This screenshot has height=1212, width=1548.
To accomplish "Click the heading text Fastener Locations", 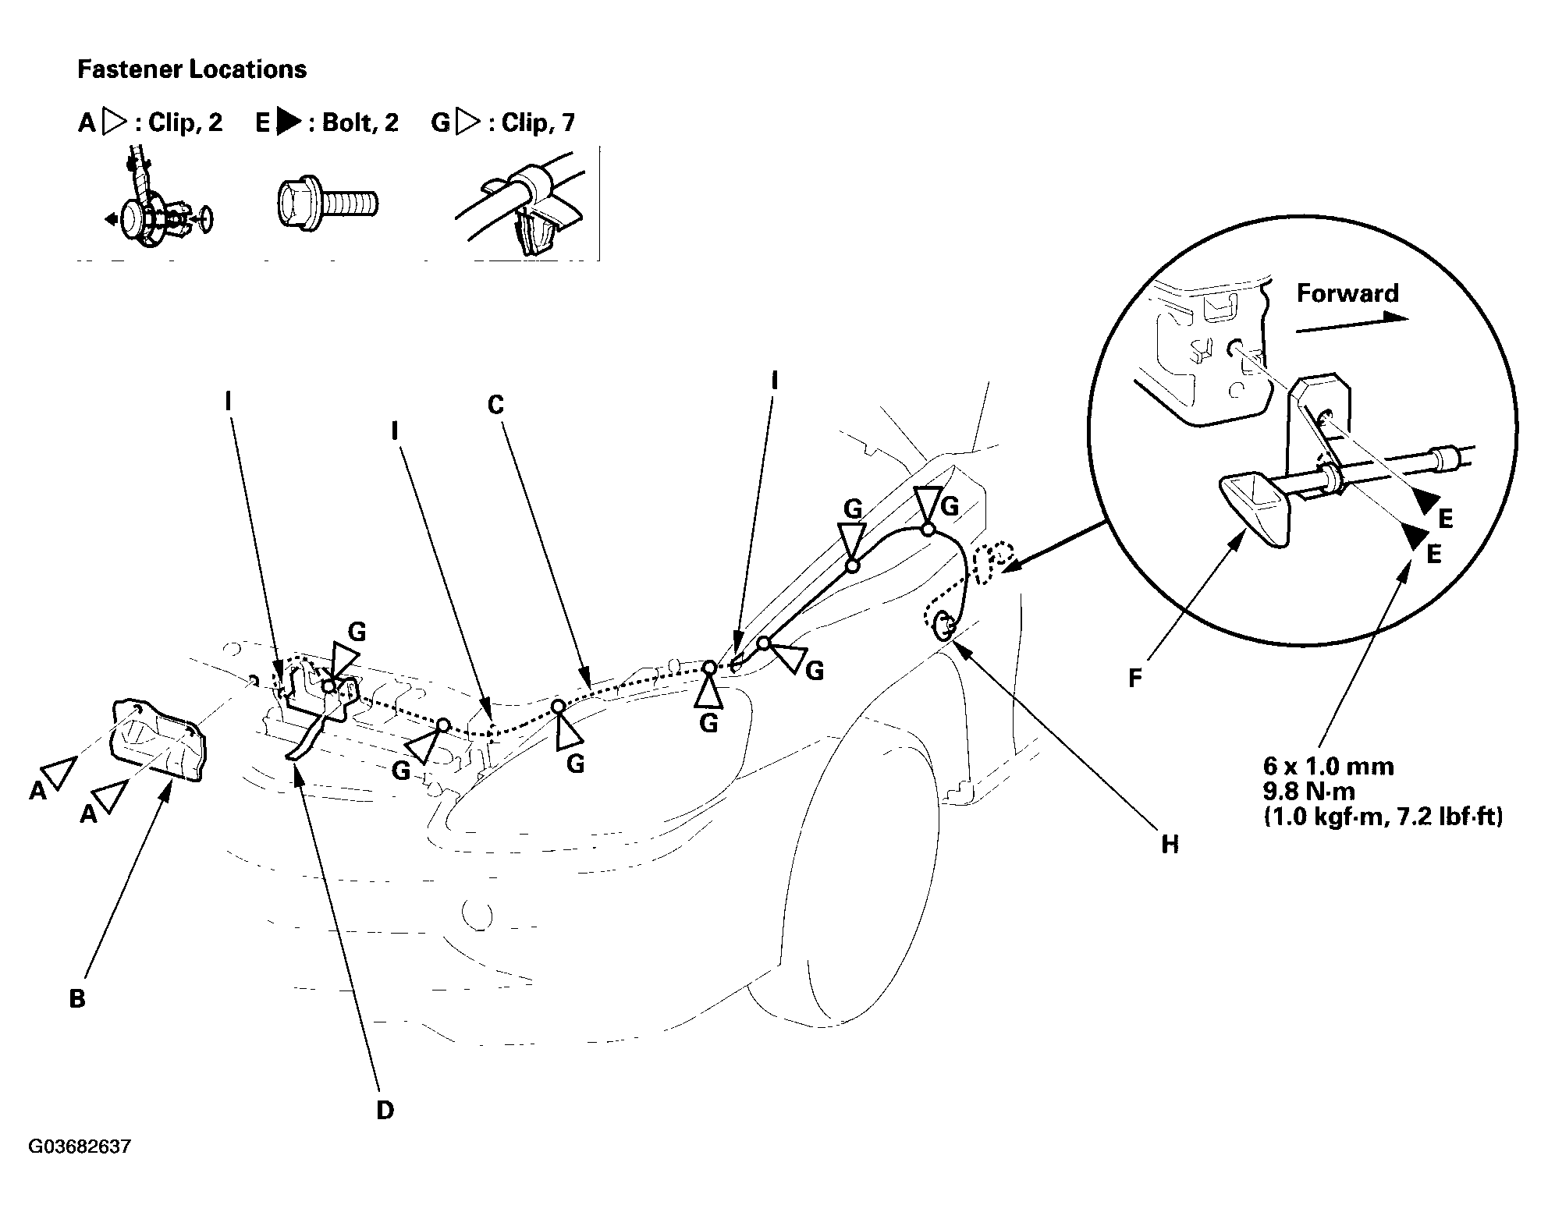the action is [x=192, y=69].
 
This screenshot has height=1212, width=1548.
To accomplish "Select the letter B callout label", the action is [x=77, y=998].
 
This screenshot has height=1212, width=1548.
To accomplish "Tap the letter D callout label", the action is [x=385, y=1111].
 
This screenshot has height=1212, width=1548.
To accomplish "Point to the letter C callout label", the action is [x=495, y=405].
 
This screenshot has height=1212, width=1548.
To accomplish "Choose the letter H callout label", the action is [x=1170, y=844].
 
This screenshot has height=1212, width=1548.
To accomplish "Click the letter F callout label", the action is [x=1135, y=679].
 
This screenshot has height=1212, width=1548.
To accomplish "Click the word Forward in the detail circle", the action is [x=1347, y=293].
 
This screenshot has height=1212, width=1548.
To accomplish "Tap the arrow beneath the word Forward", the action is [x=1351, y=324].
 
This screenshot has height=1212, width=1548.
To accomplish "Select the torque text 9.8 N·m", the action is [x=1309, y=791].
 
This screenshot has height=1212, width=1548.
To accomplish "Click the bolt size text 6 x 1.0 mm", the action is [x=1328, y=766].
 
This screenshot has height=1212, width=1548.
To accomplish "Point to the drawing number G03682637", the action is [x=80, y=1147].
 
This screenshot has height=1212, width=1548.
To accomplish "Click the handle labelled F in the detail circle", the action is [x=1255, y=510].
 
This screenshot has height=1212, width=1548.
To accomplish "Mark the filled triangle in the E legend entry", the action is [x=289, y=122].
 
